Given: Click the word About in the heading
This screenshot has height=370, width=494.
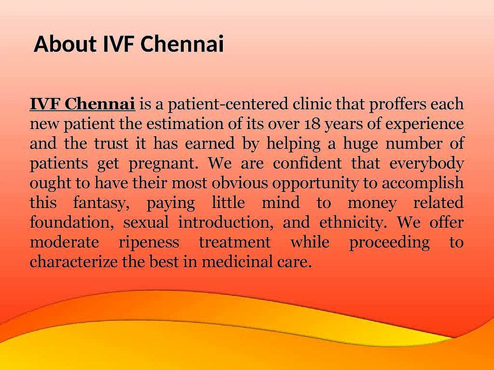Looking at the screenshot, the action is (65, 44).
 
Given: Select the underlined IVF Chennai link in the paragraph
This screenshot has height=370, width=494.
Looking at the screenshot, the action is (82, 104).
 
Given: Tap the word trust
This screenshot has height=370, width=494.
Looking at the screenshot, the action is (111, 144).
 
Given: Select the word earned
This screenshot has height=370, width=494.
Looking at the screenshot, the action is (210, 143).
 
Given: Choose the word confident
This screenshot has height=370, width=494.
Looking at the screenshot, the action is (307, 163).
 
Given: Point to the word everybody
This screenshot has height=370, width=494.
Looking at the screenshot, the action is (427, 164).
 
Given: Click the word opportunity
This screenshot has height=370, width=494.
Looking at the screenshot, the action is (315, 184).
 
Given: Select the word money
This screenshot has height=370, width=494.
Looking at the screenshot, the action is (372, 205).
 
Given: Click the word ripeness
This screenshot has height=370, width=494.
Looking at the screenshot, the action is (149, 243).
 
